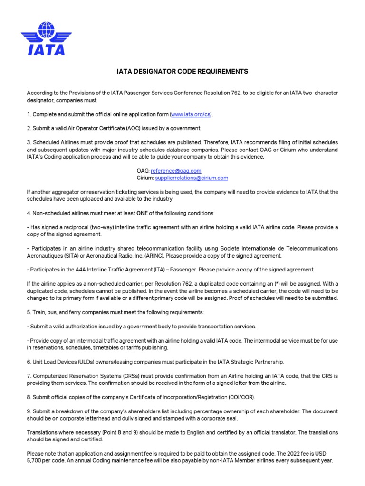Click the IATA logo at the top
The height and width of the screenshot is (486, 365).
pos(46,37)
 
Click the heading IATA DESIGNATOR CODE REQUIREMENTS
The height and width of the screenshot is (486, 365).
pos(182,72)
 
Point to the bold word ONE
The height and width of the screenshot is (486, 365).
pos(141,213)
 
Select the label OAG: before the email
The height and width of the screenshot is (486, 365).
pos(143,170)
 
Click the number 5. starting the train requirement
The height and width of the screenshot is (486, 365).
pos(29,312)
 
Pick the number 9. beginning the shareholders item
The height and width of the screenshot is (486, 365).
pos(29,411)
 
